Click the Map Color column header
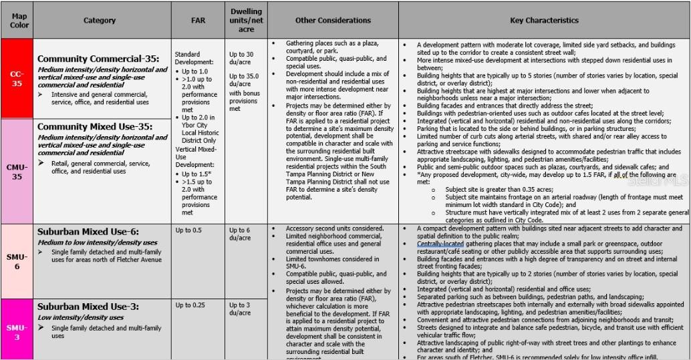19,20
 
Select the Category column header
100,21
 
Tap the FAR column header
198,21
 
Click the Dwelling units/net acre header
246,20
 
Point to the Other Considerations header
333,21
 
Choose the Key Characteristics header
544,21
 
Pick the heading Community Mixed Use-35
94,126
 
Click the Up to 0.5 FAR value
188,230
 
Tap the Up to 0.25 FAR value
190,305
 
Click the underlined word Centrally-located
440,244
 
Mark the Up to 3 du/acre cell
240,309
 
